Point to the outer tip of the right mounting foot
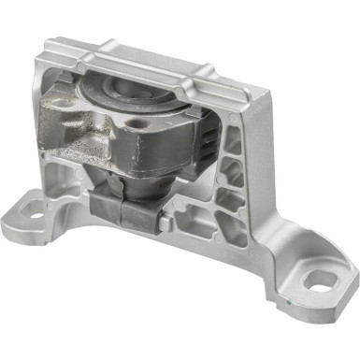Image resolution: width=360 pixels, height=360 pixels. (x=351, y=285)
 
